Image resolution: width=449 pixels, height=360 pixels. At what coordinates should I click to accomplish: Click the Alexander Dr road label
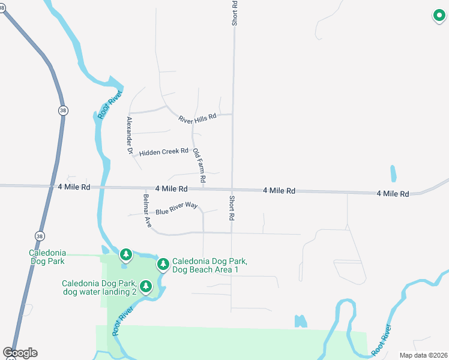pos(129,136)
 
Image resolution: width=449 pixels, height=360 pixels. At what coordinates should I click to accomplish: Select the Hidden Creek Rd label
pos(163,152)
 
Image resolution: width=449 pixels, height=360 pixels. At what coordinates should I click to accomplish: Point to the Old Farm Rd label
pos(199,166)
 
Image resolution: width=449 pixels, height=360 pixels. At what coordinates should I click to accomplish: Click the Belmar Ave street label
pos(147,210)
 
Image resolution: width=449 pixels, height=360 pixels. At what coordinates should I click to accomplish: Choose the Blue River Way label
pos(176,209)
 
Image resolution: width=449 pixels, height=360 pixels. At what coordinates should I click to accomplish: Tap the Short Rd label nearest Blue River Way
pos(231,208)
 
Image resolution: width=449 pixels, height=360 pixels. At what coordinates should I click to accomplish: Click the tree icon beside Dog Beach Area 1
pos(163,264)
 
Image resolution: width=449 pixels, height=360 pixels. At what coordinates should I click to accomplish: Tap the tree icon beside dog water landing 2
pos(146,287)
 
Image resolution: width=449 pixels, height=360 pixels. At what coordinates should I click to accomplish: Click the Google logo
pos(20,353)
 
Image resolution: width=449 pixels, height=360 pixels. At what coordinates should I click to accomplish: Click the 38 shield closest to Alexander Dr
pos(63,110)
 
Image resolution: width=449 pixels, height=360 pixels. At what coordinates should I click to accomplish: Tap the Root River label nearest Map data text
pos(381,339)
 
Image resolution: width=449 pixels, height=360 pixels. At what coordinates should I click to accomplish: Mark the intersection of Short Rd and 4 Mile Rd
pos(233,190)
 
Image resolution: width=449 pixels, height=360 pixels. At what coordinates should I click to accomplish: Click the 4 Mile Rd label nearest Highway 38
pos(74,187)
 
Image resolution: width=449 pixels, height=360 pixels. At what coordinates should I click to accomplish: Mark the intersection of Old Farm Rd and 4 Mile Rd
pos(203,189)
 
